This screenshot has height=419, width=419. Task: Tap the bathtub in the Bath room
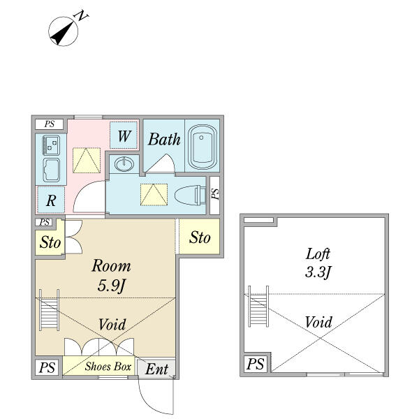coord(203,147)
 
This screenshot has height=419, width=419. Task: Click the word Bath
coord(164,139)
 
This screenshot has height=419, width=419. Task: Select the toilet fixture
coord(188,193)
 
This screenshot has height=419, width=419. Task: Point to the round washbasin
coord(124,165)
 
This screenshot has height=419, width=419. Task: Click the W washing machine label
coord(124,135)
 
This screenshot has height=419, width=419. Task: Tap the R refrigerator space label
coord(51,201)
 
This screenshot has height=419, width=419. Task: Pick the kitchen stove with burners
coord(51,145)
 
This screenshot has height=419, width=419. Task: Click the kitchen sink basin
coord(51,170)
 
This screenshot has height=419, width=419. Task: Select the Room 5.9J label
coord(112,275)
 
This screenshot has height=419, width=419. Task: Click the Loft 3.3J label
coord(317,263)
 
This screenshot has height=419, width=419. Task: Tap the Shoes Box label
coord(108,367)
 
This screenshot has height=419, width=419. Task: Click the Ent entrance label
coord(156,369)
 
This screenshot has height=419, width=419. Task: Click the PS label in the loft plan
coord(256,364)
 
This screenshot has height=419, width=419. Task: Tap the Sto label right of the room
coord(200,238)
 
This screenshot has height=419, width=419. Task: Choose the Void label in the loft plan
coord(318,323)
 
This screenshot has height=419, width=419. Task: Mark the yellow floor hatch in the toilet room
coord(154,194)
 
